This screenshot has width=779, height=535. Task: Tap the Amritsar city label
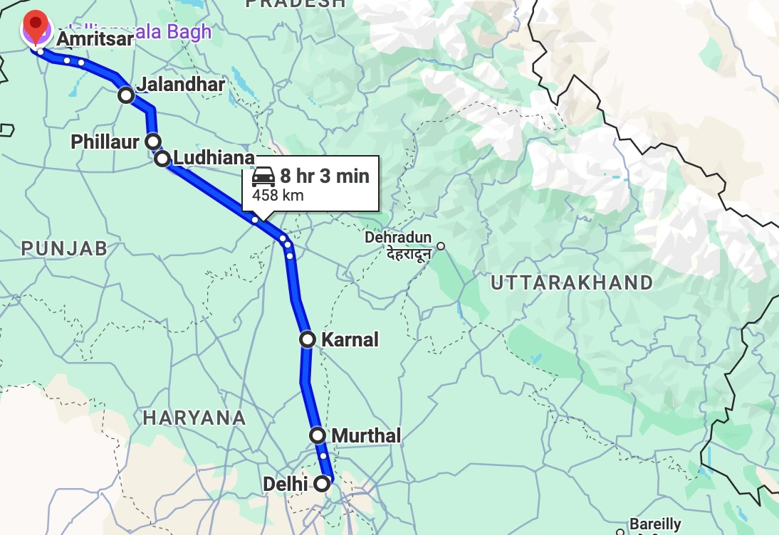click(x=95, y=39)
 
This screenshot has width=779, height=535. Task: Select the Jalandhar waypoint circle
click(x=126, y=95)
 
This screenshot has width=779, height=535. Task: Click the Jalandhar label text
click(x=181, y=85)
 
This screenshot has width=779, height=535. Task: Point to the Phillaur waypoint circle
click(x=152, y=141)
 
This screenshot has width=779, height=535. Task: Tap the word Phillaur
click(x=105, y=142)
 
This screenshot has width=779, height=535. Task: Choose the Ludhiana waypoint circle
click(x=162, y=158)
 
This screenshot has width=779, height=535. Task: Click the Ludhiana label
click(x=214, y=158)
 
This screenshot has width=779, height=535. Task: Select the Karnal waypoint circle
click(x=307, y=339)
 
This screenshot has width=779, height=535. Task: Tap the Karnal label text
click(x=350, y=339)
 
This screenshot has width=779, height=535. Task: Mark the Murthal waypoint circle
click(x=318, y=435)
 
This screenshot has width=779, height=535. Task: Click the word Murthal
click(x=367, y=435)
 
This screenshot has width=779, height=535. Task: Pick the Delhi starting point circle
click(x=322, y=484)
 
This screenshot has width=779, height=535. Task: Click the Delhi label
click(x=285, y=484)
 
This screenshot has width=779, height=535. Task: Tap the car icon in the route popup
click(x=263, y=176)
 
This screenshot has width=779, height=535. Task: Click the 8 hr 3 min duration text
click(x=325, y=176)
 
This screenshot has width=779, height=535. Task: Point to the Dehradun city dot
click(x=441, y=246)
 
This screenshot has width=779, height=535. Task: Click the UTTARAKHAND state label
click(x=572, y=282)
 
